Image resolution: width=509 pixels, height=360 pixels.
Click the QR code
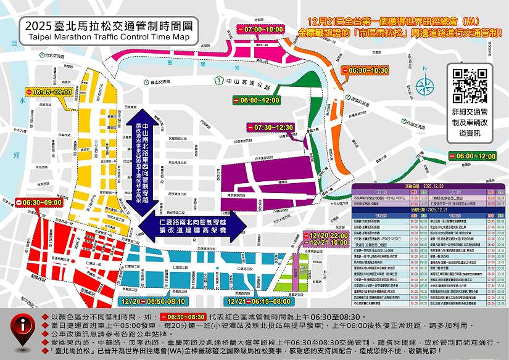point(470,86)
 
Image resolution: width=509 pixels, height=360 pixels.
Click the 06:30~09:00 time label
point(38,202)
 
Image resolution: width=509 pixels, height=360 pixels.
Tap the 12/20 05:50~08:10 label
point(154,301)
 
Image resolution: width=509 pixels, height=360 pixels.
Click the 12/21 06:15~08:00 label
point(259,301)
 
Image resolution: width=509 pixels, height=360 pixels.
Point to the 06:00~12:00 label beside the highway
point(256,100)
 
